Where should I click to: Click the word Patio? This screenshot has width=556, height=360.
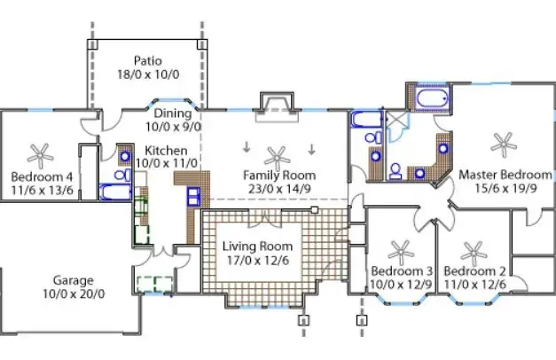pyautogui.click(x=147, y=61)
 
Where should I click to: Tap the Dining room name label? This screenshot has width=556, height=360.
pyautogui.click(x=172, y=113)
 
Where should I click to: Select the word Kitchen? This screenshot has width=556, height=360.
pyautogui.click(x=166, y=151)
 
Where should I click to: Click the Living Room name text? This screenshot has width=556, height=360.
pyautogui.click(x=257, y=246)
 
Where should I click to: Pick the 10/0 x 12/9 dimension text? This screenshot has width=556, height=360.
pyautogui.click(x=402, y=284)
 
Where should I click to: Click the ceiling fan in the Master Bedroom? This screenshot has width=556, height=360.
pyautogui.click(x=503, y=140)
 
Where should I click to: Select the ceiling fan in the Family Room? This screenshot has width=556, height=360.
pyautogui.click(x=279, y=155)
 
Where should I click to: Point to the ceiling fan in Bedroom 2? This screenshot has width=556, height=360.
pyautogui.click(x=475, y=250)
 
